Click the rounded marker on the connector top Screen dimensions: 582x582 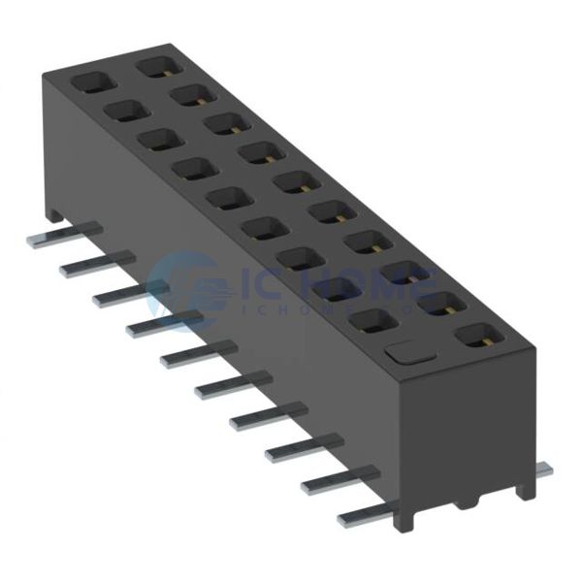pyautogui.click(x=405, y=352)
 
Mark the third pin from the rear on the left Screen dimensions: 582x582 pyautogui.click(x=129, y=292)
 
